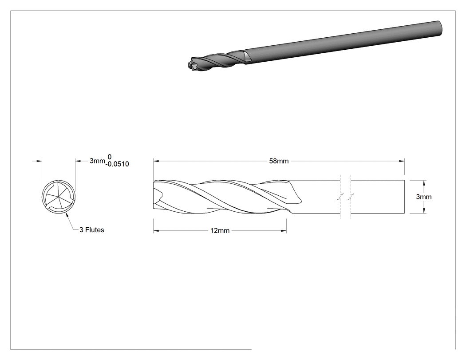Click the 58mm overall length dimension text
click(279, 161)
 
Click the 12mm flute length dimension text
click(220, 231)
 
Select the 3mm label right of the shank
click(423, 197)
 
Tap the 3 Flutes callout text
click(91, 230)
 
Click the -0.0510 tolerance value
click(117, 164)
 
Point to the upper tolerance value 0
click(109, 157)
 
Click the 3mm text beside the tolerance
click(97, 161)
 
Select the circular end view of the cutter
click(59, 197)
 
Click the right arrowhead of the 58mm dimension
click(402, 161)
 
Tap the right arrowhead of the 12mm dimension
click(284, 231)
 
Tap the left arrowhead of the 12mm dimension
click(156, 231)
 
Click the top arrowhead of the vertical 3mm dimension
click(424, 182)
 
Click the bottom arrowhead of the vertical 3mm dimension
click(424, 211)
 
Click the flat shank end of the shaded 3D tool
click(440, 28)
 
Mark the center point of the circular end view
click(59, 197)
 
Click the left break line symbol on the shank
click(340, 197)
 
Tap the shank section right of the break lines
click(378, 197)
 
